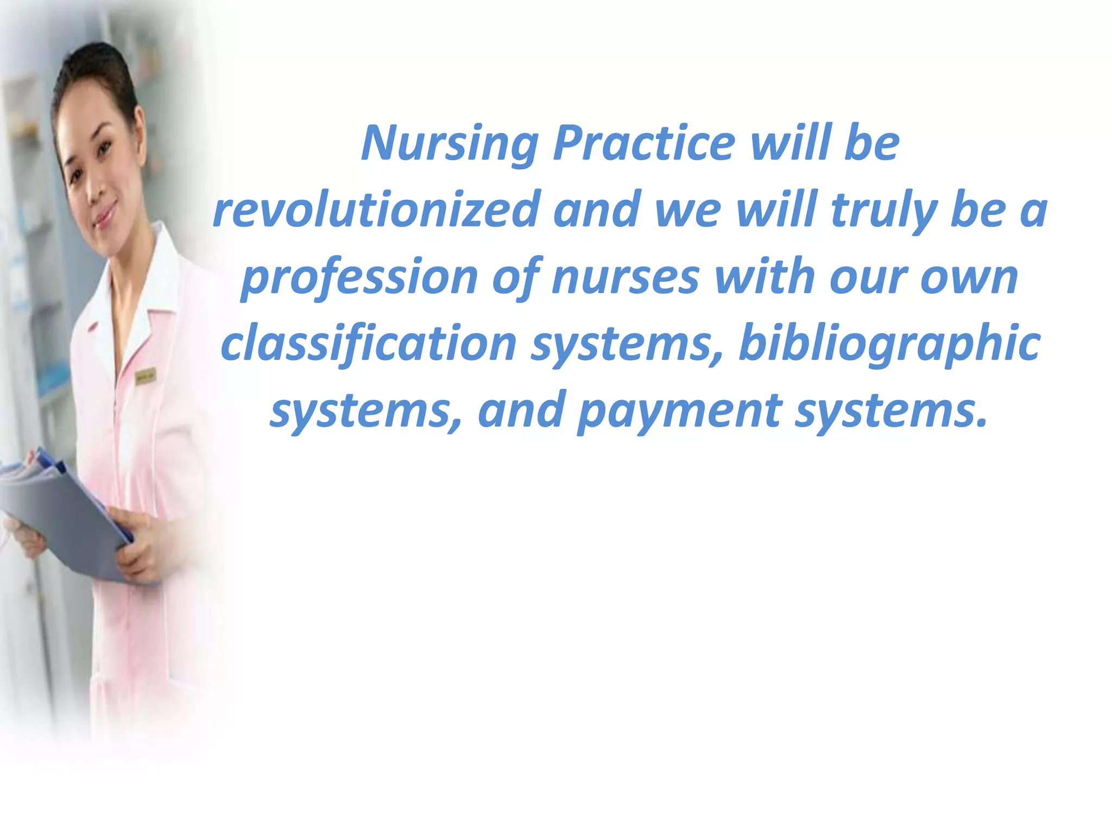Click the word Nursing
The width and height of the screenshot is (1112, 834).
pos(450,144)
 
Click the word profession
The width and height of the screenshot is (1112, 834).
pos(359,278)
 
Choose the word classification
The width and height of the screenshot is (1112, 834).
pos(369,344)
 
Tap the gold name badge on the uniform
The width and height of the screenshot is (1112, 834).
pos(145,376)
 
